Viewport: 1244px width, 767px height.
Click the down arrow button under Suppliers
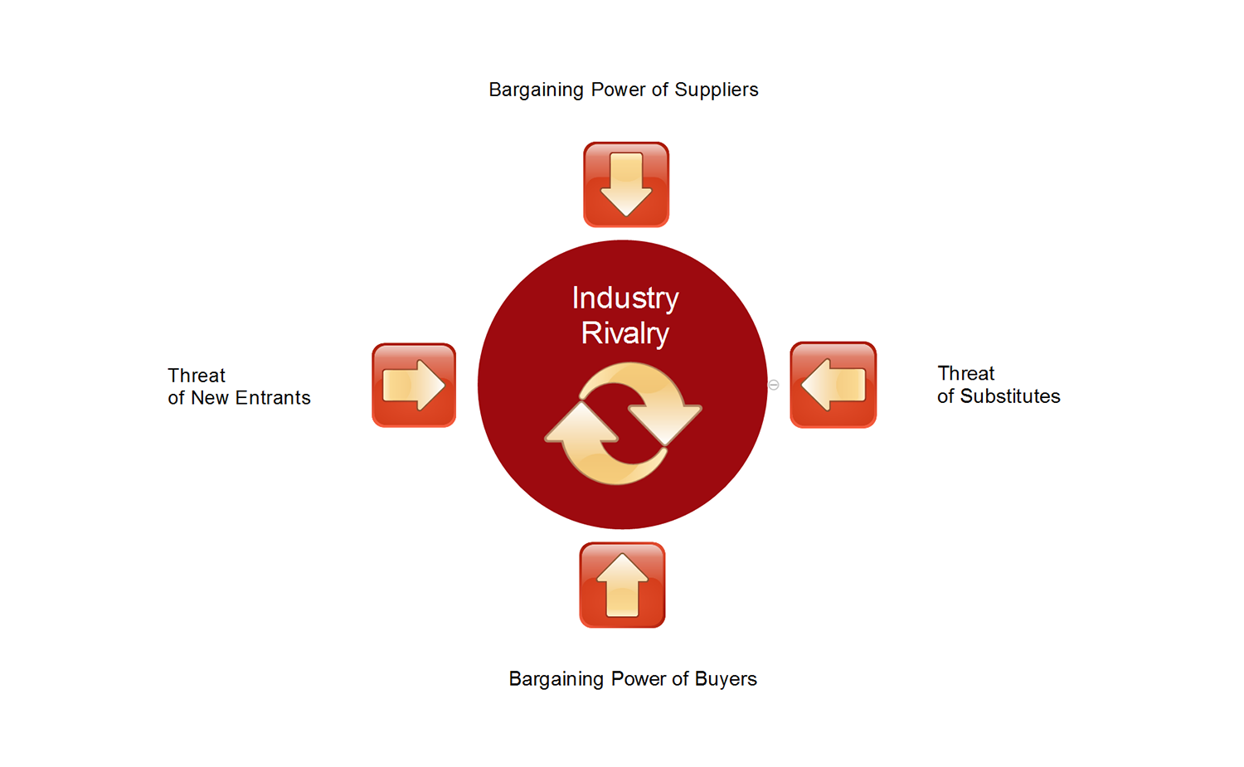[626, 184]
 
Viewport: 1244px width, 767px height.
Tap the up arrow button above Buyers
[622, 585]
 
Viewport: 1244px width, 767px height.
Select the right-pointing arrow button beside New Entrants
[414, 386]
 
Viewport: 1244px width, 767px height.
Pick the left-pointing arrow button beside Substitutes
[833, 385]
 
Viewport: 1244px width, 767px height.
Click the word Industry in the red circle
[625, 299]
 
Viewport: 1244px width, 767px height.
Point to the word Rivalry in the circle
[625, 333]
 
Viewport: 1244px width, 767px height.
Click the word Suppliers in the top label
[717, 90]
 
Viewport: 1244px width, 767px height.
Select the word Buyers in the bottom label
[726, 679]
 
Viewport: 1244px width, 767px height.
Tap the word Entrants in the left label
[273, 398]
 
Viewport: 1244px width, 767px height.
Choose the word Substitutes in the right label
[1010, 396]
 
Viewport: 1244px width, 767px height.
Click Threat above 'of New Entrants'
[197, 376]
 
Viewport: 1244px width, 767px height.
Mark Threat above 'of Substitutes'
[966, 373]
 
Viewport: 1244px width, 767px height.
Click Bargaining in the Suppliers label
[536, 90]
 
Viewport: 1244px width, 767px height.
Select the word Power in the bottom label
[639, 679]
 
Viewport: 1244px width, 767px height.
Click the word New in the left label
[210, 398]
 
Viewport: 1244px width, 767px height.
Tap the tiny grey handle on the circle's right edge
[774, 385]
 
